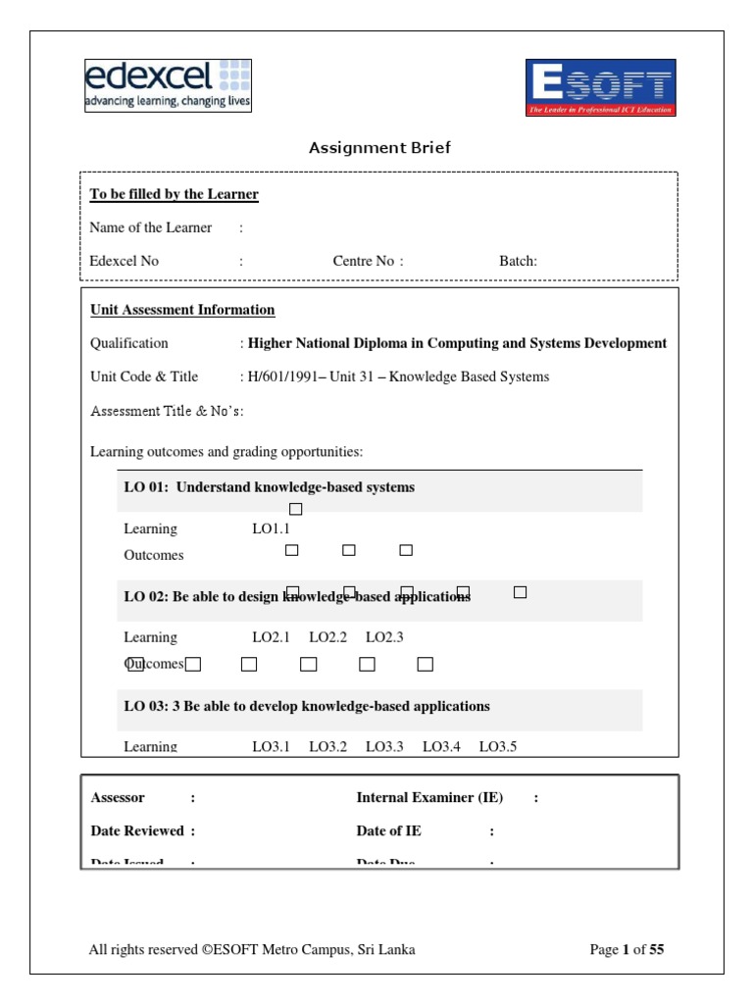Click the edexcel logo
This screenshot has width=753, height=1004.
168,85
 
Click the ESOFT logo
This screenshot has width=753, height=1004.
601,88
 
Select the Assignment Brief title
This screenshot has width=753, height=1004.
379,148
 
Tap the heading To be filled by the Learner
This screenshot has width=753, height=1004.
174,194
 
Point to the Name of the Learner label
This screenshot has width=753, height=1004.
150,227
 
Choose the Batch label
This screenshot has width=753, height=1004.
517,261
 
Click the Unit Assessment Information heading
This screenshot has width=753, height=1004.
182,310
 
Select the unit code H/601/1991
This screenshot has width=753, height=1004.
287,376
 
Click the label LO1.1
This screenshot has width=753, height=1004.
271,529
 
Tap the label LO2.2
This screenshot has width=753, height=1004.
327,637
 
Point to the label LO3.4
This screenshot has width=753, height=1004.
441,747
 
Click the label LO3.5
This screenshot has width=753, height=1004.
497,747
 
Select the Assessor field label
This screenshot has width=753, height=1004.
118,798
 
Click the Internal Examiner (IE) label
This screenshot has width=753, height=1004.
429,798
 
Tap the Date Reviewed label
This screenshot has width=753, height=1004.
137,830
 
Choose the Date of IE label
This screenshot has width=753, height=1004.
389,830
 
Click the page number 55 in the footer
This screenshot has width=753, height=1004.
656,949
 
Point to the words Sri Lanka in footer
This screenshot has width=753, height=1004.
389,949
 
